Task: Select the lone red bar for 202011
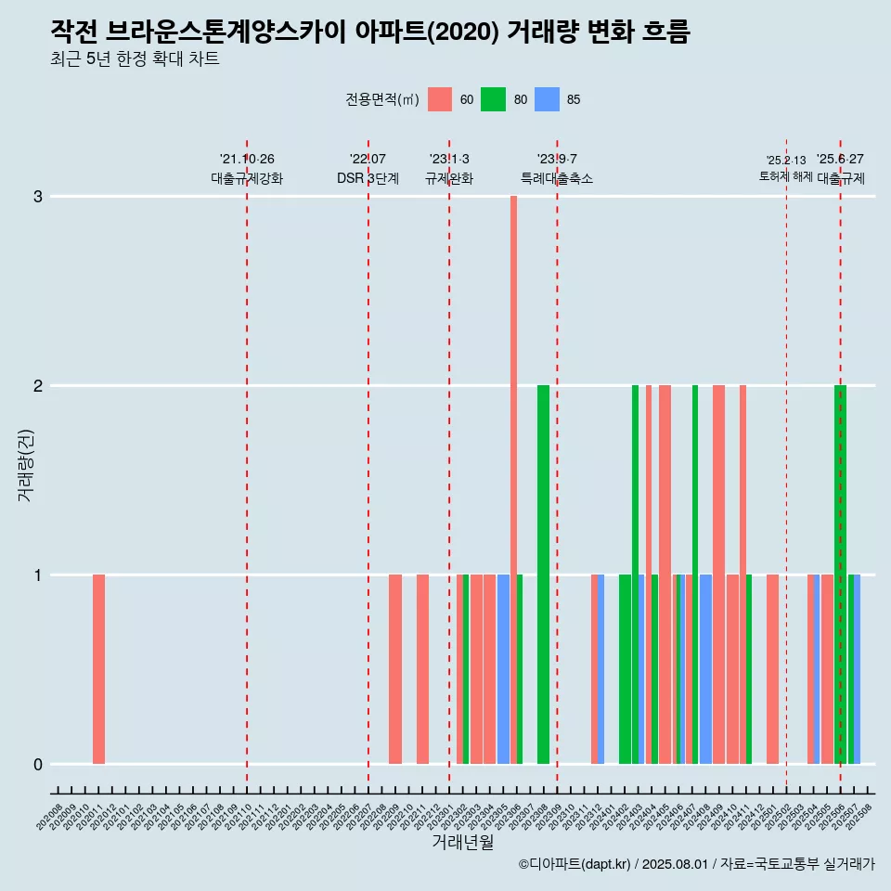pos(98,668)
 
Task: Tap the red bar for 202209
pos(395,668)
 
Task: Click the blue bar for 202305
pos(503,668)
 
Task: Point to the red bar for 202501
pos(772,668)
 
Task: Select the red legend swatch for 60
pos(440,99)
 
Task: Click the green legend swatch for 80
pos(493,99)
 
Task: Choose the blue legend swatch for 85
pos(547,99)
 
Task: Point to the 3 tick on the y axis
pos(38,197)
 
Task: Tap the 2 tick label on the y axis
pos(38,386)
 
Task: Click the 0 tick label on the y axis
pos(38,765)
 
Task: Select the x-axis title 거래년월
pos(462,842)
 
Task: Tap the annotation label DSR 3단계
pos(368,178)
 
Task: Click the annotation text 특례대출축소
pos(557,178)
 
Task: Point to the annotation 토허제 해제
pos(785,176)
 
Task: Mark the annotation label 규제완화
pos(449,178)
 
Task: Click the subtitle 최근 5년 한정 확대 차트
pos(135,59)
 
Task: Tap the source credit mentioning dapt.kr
pos(696,864)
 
